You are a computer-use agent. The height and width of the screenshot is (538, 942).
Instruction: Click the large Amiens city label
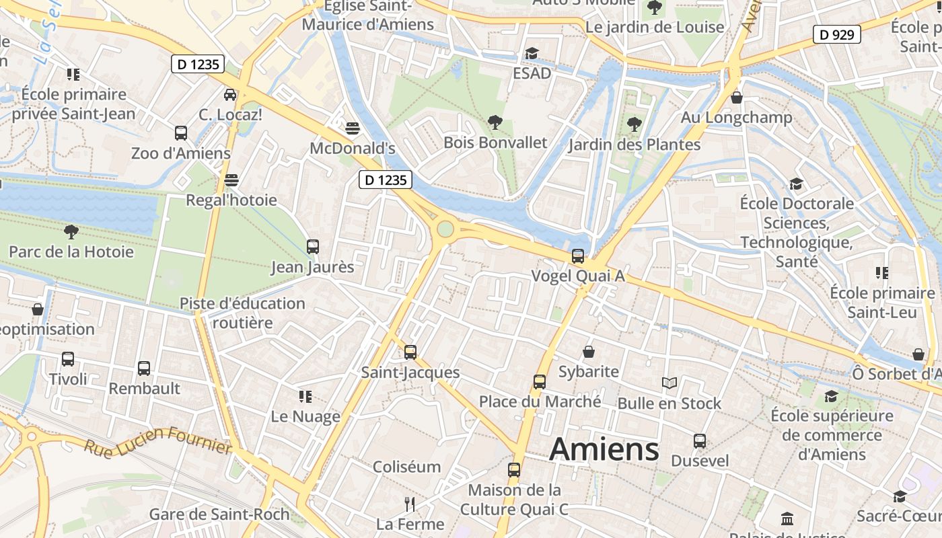604,449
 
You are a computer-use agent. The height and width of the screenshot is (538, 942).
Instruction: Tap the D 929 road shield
837,34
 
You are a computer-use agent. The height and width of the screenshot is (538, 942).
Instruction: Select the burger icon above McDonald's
353,128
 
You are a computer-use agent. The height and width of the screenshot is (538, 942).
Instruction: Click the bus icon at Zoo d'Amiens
180,133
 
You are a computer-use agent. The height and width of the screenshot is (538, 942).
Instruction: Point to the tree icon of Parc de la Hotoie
71,232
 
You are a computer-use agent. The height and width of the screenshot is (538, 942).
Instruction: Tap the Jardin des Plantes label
634,145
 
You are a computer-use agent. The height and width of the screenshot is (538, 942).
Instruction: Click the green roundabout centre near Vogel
445,229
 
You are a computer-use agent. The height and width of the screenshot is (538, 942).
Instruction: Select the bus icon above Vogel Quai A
577,256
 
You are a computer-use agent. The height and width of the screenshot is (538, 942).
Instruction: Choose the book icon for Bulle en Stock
669,383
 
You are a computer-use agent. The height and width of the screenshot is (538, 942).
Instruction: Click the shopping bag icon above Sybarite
588,352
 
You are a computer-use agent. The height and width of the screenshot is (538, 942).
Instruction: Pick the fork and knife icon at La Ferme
410,504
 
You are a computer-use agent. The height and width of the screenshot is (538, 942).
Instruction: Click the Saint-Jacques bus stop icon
410,352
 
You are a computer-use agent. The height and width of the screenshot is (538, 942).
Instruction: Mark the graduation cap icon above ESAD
532,53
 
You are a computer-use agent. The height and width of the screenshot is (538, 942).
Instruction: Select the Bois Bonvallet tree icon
495,122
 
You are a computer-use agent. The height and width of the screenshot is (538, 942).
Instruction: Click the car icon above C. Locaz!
230,95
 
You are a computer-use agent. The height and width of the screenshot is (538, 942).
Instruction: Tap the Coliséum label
406,467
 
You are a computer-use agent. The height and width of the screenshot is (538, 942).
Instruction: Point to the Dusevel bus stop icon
700,441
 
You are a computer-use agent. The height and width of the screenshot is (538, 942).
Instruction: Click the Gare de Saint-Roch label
219,514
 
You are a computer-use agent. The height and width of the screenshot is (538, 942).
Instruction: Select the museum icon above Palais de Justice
787,518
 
